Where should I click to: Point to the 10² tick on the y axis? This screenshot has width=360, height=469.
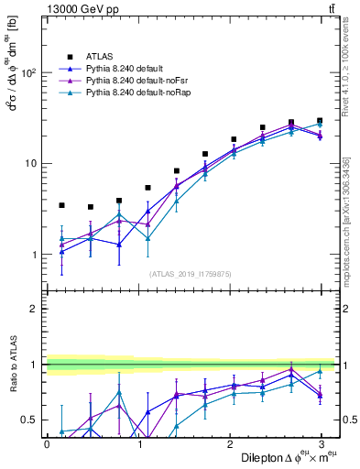[x=29, y=72]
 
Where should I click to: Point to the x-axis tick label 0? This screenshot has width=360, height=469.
[x=47, y=443]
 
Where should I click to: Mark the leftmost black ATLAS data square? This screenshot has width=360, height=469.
[x=61, y=205]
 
